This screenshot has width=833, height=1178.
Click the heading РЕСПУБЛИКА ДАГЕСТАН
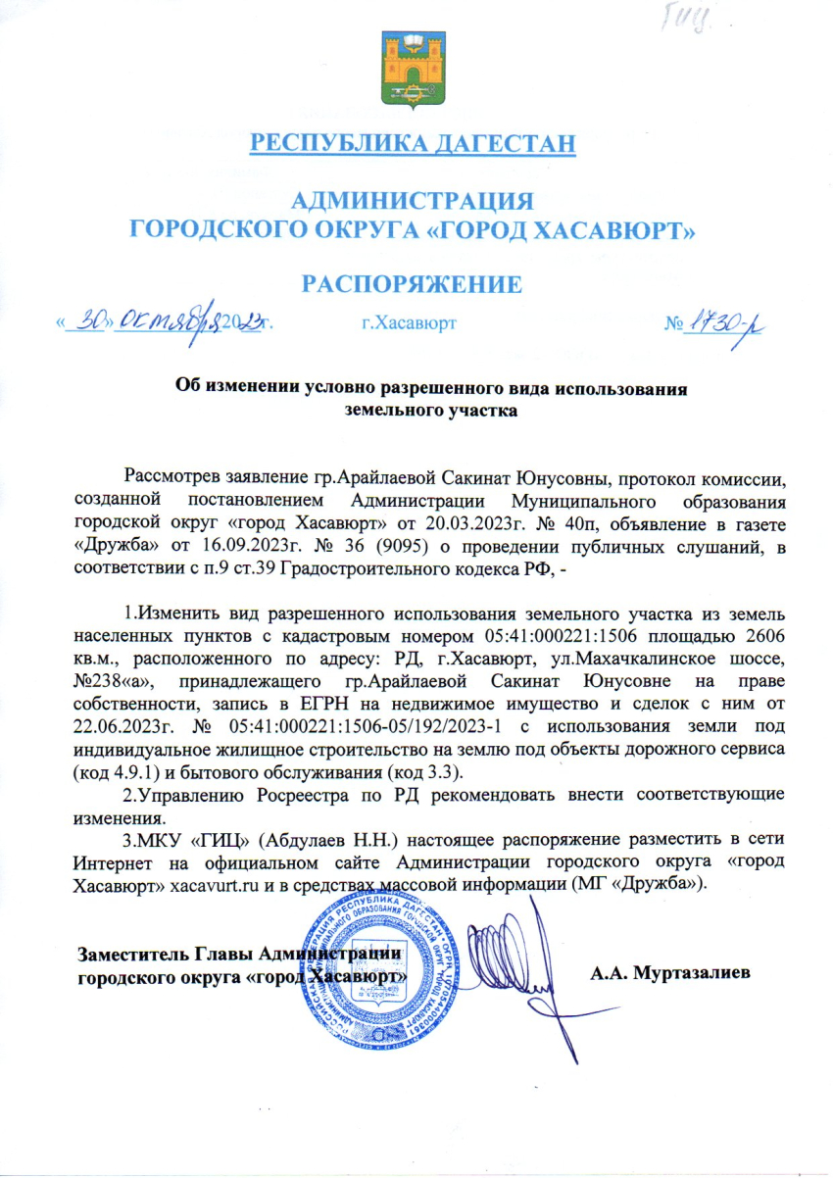click(x=413, y=144)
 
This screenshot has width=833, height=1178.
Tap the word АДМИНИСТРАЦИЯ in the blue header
click(x=414, y=202)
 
